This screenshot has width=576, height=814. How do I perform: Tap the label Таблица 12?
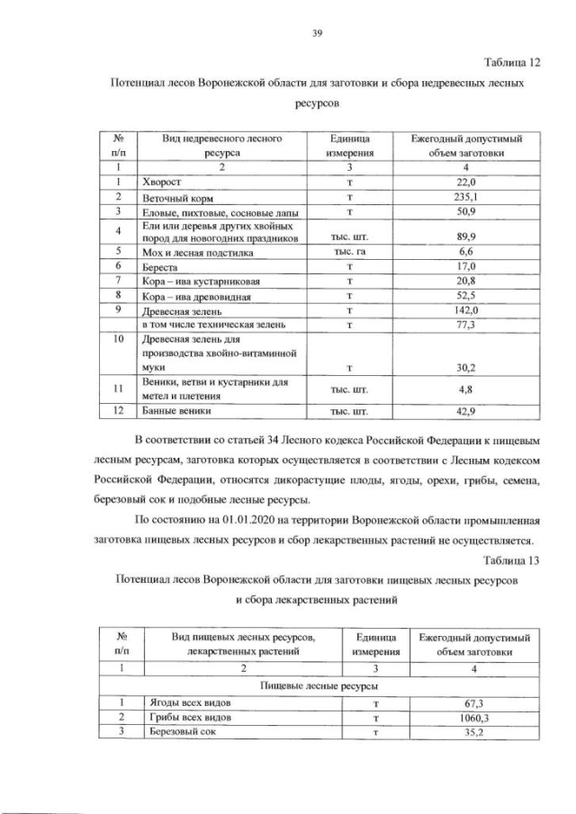pos(509,62)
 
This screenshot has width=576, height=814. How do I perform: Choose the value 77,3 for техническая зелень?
pos(466,325)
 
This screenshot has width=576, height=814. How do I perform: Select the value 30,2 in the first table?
pos(466,368)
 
